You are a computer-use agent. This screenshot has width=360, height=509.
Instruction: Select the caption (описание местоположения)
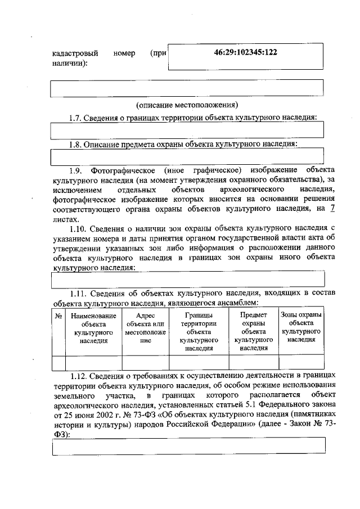[x=187, y=105]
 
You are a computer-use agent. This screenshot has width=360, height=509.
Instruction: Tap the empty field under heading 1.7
[x=187, y=130]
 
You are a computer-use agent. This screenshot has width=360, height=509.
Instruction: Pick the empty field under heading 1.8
[x=187, y=156]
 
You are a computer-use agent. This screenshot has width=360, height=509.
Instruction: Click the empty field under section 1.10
[x=187, y=278]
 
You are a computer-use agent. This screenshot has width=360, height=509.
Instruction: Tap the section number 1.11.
[x=79, y=293]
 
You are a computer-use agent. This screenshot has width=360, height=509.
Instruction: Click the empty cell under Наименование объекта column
[x=93, y=362]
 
